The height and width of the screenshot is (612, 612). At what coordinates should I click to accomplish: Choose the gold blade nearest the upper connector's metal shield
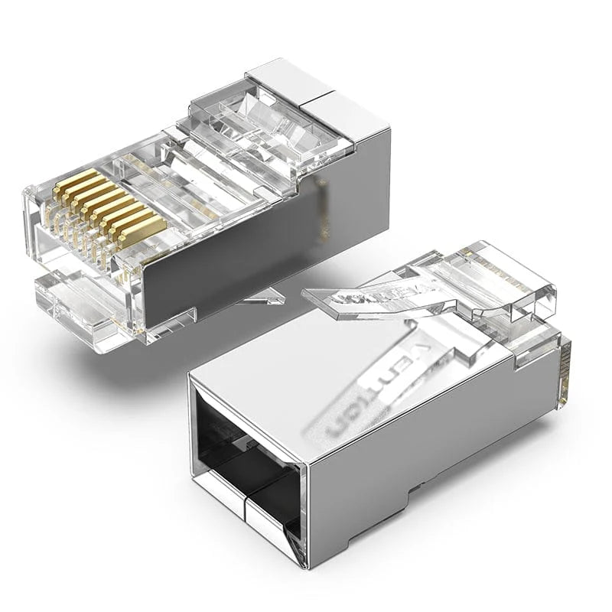(142, 229)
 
